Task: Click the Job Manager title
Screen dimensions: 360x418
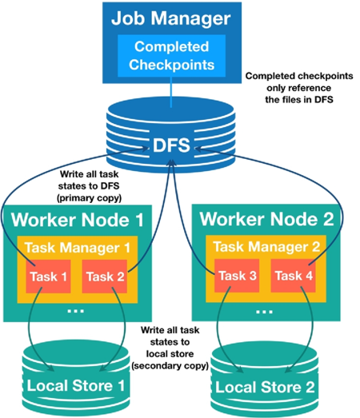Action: pos(170,19)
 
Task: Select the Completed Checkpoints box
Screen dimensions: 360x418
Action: pos(171,56)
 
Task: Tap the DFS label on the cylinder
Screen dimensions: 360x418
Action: pos(171,145)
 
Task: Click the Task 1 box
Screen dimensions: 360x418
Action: pos(48,277)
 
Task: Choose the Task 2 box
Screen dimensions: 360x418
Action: pos(105,277)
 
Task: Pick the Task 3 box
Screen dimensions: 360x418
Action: pos(237,276)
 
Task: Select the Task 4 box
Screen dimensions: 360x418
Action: pos(294,276)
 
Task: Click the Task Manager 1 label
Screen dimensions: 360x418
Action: pos(78,248)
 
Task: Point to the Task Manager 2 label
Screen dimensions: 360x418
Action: pos(266,247)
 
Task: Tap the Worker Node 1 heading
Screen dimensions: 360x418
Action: pos(78,220)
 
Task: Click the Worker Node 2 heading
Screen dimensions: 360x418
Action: pos(266,219)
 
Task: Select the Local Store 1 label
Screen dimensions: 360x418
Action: pos(76,385)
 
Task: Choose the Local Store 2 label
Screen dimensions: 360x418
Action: pos(265,387)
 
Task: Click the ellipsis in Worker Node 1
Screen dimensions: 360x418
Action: pos(76,311)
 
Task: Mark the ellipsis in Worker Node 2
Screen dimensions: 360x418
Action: pos(265,311)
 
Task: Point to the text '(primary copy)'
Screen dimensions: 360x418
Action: pos(89,198)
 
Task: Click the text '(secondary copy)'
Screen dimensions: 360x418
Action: pos(170,366)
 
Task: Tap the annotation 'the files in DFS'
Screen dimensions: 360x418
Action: pos(299,100)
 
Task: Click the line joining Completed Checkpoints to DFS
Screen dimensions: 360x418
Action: pos(171,92)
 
